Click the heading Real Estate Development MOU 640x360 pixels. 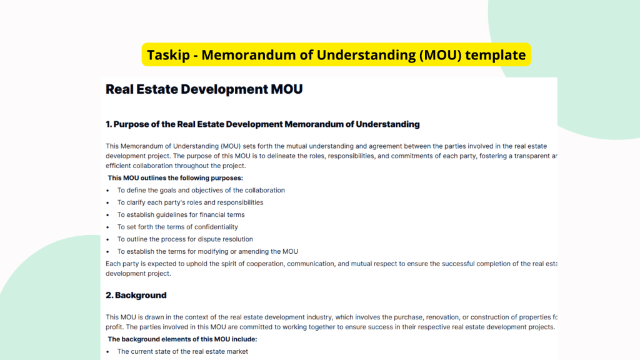click(x=204, y=89)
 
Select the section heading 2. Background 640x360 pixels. click(x=136, y=295)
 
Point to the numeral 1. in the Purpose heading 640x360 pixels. click(x=109, y=124)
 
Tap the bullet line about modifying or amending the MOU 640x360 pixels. click(x=207, y=251)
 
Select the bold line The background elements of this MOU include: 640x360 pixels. click(x=182, y=339)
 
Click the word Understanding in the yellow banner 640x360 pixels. click(x=366, y=55)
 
